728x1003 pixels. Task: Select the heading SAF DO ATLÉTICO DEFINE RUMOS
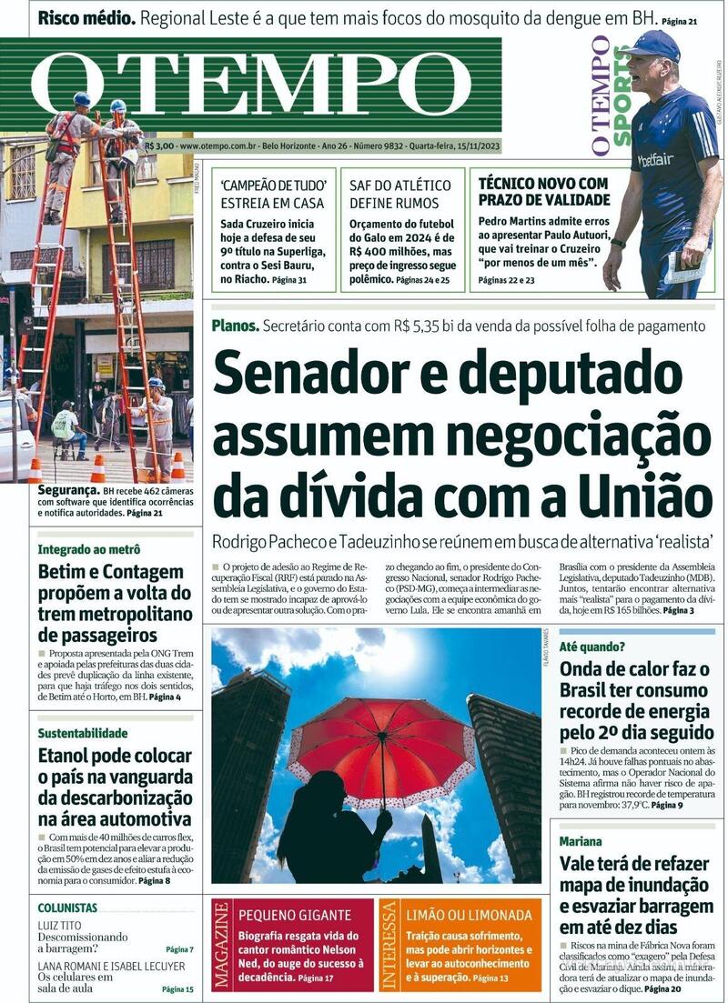(x=394, y=193)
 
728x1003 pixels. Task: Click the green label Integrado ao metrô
(x=89, y=549)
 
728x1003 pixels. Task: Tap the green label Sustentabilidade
(x=83, y=733)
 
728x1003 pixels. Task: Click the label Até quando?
(x=591, y=647)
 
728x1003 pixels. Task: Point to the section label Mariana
(x=581, y=841)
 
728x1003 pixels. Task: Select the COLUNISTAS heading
(x=67, y=908)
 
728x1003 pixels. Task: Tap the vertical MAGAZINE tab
(x=222, y=946)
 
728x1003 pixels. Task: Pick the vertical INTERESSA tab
(x=389, y=946)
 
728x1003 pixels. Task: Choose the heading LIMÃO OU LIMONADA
(x=470, y=915)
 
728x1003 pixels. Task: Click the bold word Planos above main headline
(x=236, y=326)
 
